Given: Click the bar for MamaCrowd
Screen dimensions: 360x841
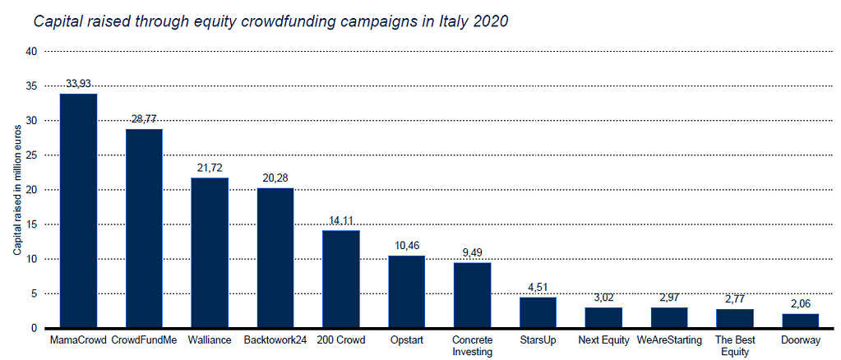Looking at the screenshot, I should (78, 211).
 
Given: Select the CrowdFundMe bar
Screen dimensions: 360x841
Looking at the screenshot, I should (144, 228).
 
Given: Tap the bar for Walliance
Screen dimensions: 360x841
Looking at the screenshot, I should (210, 253).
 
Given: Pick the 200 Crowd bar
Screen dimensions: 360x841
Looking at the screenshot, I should (340, 279).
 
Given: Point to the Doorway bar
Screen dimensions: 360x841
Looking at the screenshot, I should (801, 321).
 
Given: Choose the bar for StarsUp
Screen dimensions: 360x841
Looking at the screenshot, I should (538, 312).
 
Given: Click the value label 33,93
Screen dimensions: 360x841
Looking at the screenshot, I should (78, 85).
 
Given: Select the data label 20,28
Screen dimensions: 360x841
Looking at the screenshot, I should (275, 178).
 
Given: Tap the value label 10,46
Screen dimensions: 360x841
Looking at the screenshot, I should (406, 246).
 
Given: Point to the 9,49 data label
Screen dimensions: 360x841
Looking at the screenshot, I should (472, 252).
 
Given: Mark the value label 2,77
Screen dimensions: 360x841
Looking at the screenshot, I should (735, 299).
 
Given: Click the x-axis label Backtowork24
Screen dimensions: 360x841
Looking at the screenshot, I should (275, 339).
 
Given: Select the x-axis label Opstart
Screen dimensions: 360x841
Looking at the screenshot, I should (406, 339).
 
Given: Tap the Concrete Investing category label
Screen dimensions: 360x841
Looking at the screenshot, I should (472, 345).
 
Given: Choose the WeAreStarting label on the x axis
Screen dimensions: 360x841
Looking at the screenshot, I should (669, 339).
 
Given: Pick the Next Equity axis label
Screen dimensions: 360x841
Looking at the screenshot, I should (603, 339).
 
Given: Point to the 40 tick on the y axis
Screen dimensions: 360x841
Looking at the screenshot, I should (32, 51).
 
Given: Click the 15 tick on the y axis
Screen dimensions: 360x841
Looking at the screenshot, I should (32, 224).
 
